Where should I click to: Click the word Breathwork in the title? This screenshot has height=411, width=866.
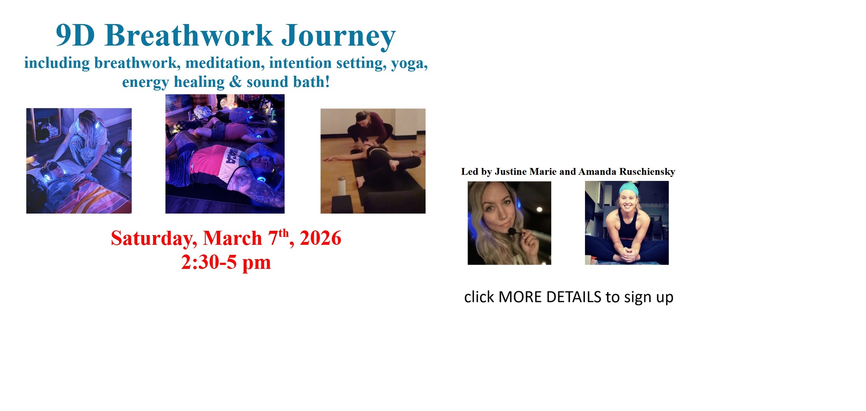(189, 36)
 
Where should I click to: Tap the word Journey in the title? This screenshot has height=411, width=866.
(338, 37)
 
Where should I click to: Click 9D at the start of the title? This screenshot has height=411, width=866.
(75, 36)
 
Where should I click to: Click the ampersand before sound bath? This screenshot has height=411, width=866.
(235, 82)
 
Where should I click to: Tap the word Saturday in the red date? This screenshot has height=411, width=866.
(154, 239)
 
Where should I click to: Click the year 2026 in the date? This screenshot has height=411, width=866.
(320, 238)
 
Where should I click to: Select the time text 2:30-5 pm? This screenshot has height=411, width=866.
(226, 262)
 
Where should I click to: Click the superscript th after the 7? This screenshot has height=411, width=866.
(284, 233)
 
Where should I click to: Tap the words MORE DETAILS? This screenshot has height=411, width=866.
(550, 297)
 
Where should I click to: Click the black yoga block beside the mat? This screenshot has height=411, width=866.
(342, 205)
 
